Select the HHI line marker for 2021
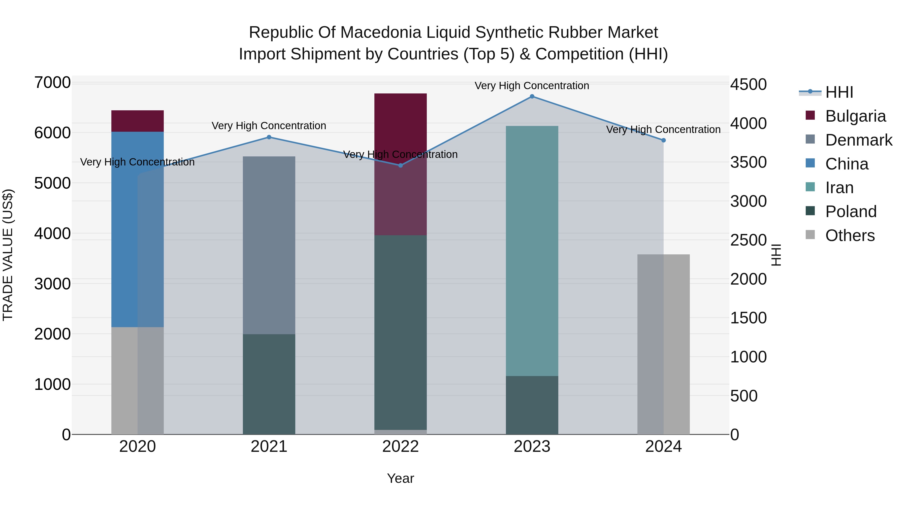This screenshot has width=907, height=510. pos(269,137)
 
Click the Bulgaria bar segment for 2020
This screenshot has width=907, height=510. pos(137,121)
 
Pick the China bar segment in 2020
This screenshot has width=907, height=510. pos(137,229)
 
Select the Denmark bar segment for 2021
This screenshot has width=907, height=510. pos(269,245)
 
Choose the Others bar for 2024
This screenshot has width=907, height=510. pos(663,344)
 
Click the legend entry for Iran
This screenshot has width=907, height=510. pos(839,188)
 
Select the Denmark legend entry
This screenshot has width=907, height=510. pos(858,140)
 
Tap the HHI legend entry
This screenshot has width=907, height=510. pos(839,92)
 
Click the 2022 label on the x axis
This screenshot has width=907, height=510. pos(400,447)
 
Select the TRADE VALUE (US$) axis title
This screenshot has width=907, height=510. pos(8,255)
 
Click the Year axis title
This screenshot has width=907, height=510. pos(400,478)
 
